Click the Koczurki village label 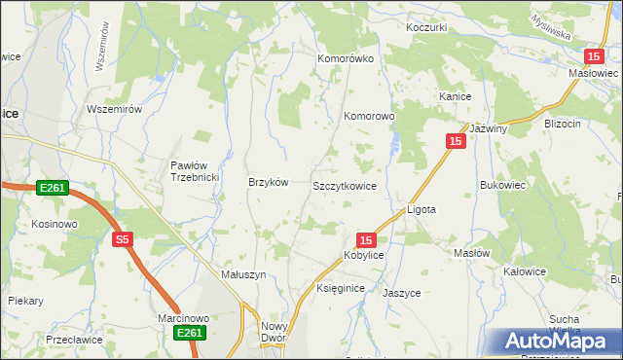[426, 27]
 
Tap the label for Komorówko [346, 58]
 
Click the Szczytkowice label [344, 185]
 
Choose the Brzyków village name [269, 182]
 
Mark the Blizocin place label [563, 124]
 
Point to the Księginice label [341, 289]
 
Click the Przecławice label [74, 341]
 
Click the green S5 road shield [122, 238]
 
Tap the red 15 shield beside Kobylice [366, 239]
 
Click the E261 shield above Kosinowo [53, 188]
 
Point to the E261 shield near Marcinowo [191, 334]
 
